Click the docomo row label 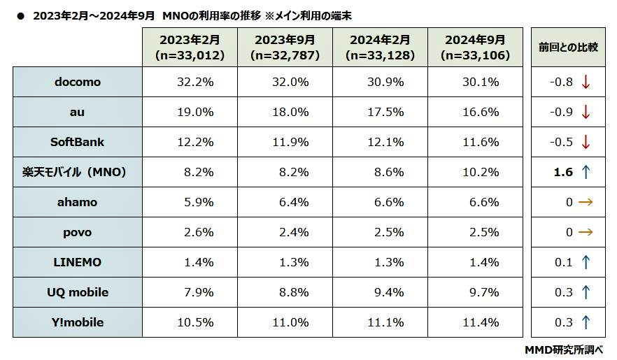pos(77,82)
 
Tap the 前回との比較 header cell pos(568,48)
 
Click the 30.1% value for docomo pos(481,82)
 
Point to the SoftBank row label pos(77,142)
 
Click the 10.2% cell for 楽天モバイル pos(481,172)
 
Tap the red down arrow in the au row pos(586,112)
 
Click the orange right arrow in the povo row pos(586,232)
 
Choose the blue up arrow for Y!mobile pos(586,322)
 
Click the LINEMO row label pos(77,262)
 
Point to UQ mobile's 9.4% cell pos(385,292)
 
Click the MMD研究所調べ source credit pos(563,350)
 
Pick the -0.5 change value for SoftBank pos(561,142)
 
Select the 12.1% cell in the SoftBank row pos(385,142)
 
